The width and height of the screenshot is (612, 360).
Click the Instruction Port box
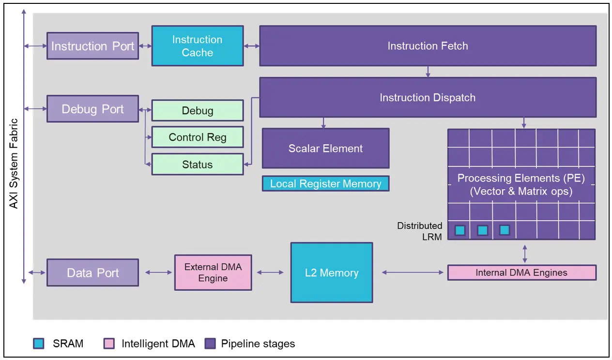coord(92,46)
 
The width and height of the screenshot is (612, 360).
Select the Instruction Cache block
coord(198,46)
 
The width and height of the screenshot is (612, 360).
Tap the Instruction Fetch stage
coord(428,46)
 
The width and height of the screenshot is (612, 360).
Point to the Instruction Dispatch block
coord(428,98)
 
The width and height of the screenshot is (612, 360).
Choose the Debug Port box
coord(92,109)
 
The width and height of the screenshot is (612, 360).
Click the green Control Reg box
coord(198,137)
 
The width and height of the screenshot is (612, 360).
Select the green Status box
coord(198,164)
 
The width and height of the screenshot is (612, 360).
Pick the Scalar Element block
coord(326,149)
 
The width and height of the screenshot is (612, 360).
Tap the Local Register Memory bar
coord(326,183)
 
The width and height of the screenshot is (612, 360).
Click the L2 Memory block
coord(332,272)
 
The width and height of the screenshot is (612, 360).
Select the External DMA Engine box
coord(213,272)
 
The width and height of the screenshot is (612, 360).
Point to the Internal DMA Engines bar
coord(522,272)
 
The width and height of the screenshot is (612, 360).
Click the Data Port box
coord(92,272)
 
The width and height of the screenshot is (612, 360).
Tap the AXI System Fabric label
coord(14,164)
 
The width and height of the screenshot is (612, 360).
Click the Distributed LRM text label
coord(420,231)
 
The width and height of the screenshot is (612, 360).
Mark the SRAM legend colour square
coord(39,344)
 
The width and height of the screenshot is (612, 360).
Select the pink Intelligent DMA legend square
coord(109,344)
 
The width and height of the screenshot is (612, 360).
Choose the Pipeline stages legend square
coord(210,344)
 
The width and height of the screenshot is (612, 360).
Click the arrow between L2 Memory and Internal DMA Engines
coord(413,272)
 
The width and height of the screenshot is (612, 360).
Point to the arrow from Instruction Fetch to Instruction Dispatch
coord(428,72)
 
